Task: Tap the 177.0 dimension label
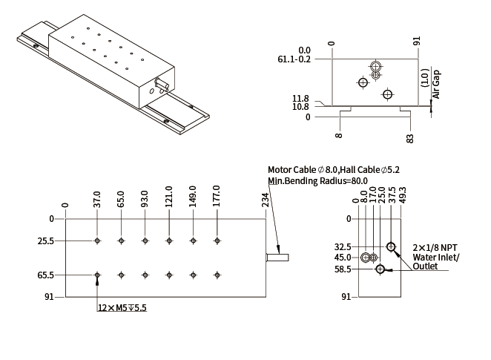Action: (217, 197)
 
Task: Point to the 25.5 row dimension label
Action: (45, 241)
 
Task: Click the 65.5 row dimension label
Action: (45, 275)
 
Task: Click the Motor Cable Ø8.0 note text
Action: (303, 169)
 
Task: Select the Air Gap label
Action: (436, 85)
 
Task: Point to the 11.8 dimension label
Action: (300, 98)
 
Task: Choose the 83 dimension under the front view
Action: (410, 137)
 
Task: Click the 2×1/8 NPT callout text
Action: (436, 247)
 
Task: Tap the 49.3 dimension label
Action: (402, 195)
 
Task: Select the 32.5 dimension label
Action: (343, 247)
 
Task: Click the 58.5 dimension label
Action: (343, 269)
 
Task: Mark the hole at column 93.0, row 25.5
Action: (145, 241)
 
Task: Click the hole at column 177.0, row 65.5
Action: (217, 275)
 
